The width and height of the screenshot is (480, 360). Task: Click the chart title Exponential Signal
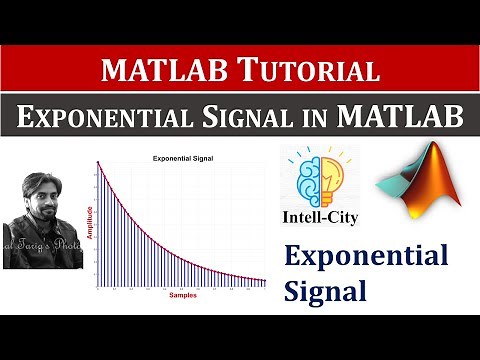[181, 159]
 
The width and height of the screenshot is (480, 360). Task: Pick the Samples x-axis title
[182, 296]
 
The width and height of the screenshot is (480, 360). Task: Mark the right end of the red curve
[266, 281]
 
